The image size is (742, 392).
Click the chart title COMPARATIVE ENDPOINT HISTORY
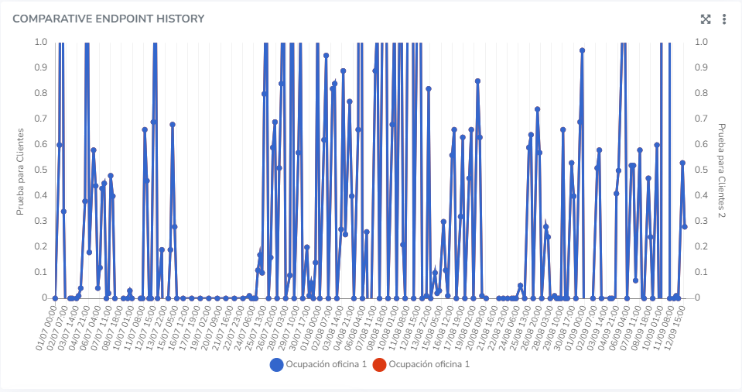(x=108, y=18)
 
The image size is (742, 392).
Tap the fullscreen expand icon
(x=706, y=19)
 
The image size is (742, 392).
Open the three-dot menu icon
(x=724, y=19)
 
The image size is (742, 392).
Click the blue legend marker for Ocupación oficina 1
(x=276, y=364)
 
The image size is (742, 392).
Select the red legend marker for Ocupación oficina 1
(x=380, y=364)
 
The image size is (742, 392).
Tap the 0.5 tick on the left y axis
(x=40, y=170)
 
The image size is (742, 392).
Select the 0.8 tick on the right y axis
(x=701, y=93)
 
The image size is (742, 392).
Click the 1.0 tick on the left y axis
(x=40, y=42)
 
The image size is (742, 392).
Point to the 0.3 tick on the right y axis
(x=701, y=221)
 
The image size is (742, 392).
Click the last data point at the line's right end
(x=685, y=226)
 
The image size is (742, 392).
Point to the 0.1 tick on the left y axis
(x=40, y=272)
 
